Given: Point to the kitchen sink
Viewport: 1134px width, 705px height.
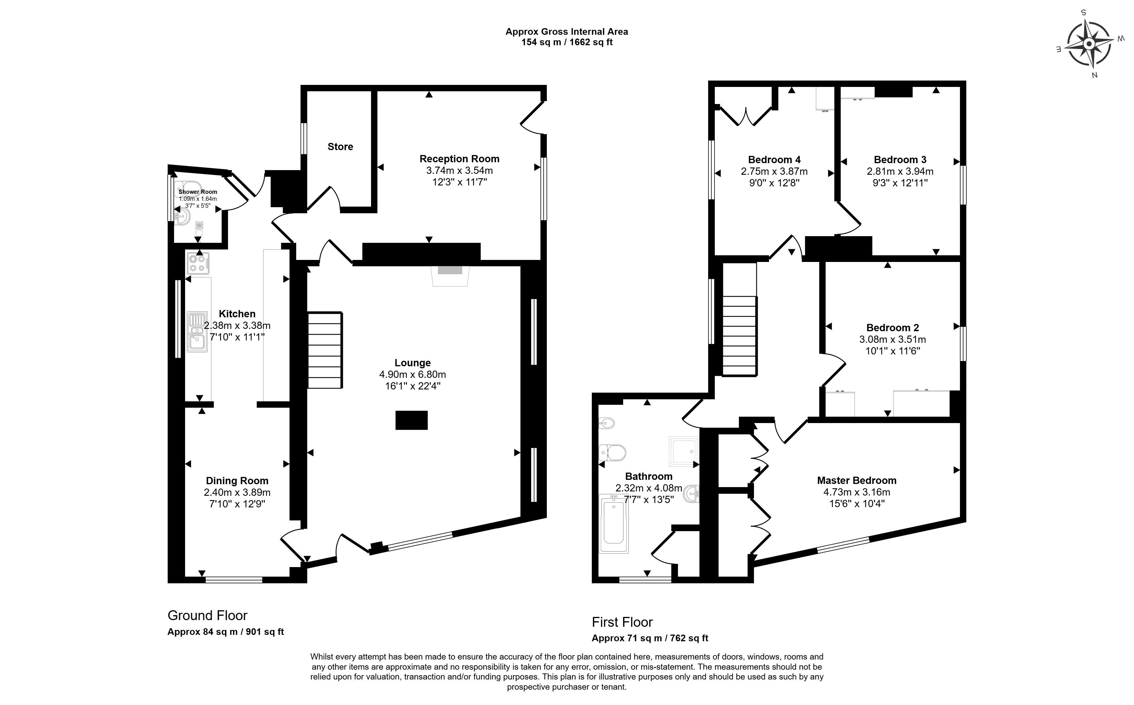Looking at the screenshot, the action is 197,331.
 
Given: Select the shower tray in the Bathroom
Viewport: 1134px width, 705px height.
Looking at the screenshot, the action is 684,451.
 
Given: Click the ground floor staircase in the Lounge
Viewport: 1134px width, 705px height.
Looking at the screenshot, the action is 325,350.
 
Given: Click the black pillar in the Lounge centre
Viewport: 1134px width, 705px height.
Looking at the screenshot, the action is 412,420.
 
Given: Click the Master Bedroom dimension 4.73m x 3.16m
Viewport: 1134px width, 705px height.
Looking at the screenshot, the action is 856,492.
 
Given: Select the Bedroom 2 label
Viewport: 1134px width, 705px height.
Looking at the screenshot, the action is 892,327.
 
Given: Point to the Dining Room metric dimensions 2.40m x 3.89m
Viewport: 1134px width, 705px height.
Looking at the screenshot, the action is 237,492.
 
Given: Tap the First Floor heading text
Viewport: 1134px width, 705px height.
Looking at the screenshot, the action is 622,622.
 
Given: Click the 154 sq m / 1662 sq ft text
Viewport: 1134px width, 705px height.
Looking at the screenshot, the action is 567,42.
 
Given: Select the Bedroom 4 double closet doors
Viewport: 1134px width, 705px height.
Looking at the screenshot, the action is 746,116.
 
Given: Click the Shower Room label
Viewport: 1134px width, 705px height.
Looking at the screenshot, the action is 198,192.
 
